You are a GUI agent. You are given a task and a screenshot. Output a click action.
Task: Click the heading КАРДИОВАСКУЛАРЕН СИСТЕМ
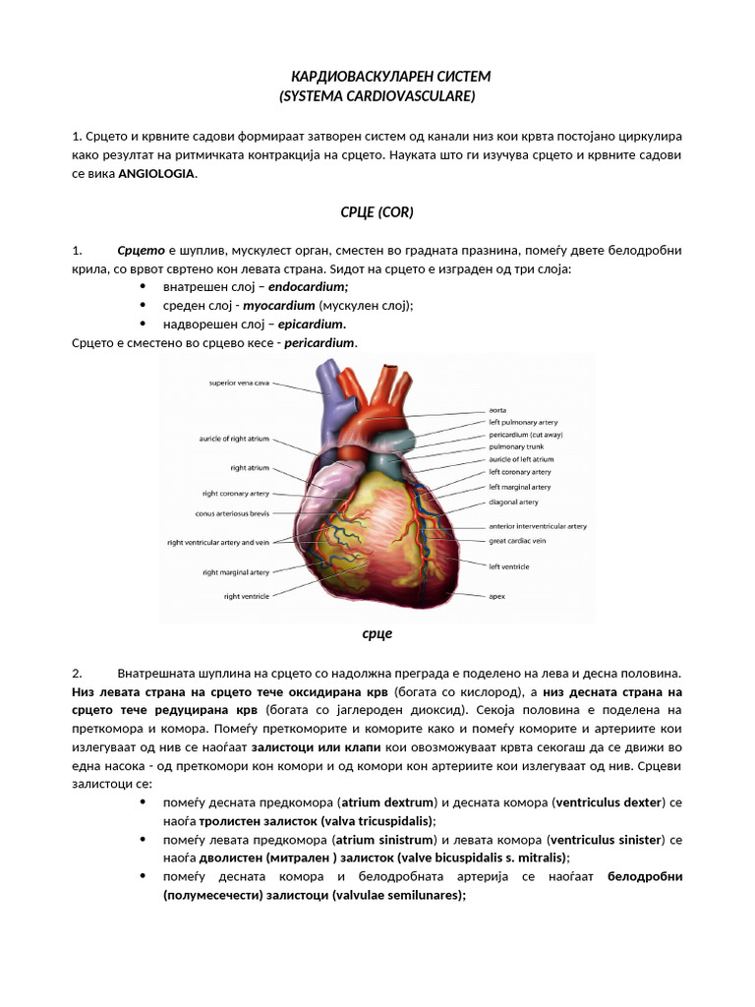[390, 77]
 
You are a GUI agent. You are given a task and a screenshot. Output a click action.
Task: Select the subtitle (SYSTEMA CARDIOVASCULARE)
[377, 95]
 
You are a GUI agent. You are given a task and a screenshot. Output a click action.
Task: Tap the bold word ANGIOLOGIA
[157, 174]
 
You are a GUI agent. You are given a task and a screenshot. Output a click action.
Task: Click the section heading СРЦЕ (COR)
[377, 211]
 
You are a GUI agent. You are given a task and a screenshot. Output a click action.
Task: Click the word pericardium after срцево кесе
[319, 342]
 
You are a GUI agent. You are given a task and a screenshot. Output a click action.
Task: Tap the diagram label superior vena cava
[239, 383]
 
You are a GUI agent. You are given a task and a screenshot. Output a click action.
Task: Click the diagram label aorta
[498, 409]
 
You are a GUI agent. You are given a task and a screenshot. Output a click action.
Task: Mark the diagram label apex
[497, 595]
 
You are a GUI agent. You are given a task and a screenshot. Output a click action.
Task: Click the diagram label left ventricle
[509, 566]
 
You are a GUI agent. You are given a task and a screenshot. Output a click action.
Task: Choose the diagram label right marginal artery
[235, 571]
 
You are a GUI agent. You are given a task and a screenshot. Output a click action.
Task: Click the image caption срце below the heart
[377, 633]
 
